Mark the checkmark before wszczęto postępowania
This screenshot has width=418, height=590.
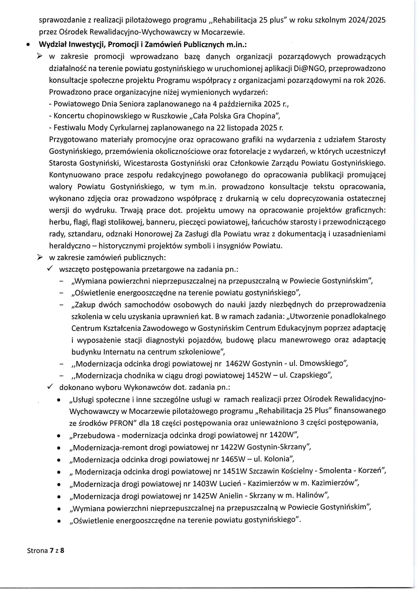click(x=50, y=269)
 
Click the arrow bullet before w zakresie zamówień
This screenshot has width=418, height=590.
click(x=40, y=257)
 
